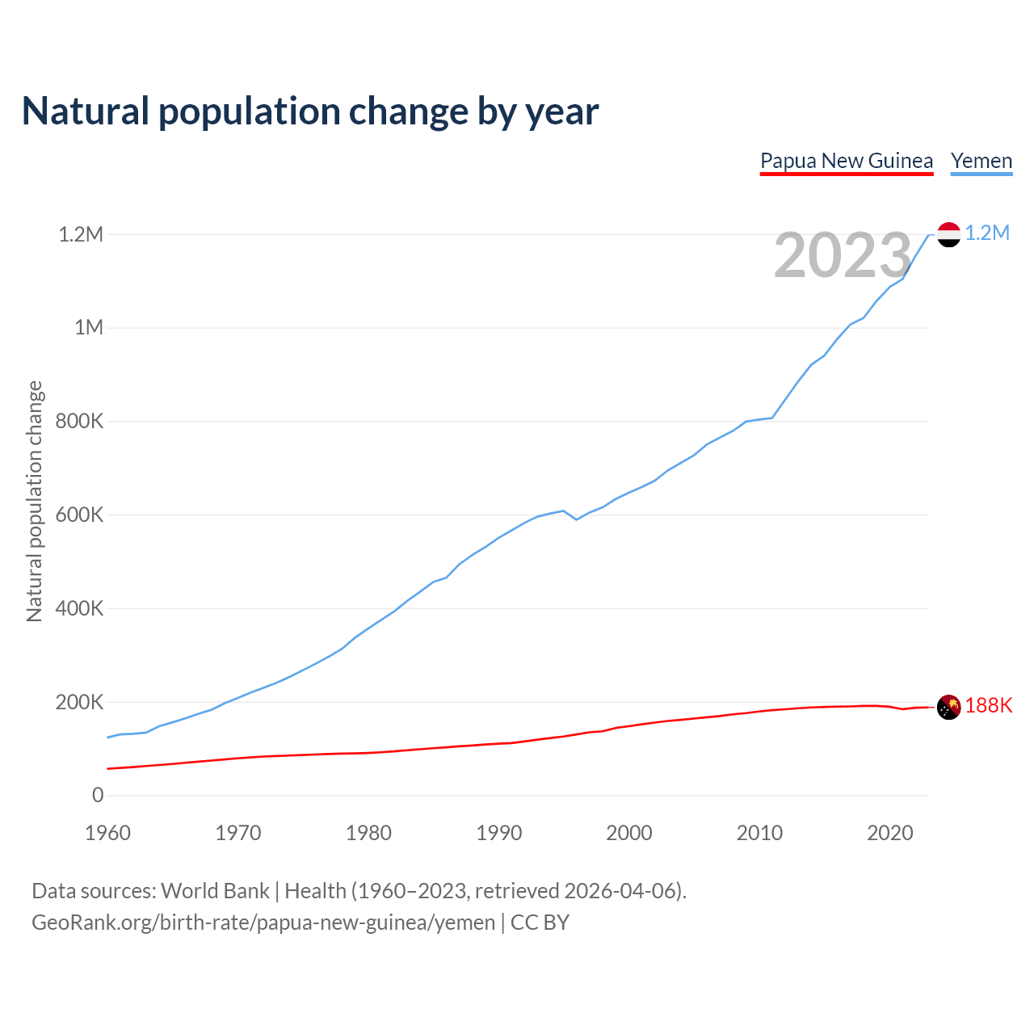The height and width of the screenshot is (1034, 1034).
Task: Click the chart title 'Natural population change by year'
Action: [310, 111]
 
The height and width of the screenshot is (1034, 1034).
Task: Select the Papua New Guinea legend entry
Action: [847, 161]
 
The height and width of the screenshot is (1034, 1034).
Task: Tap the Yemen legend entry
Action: [981, 161]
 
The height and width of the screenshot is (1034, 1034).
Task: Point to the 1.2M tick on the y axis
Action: [81, 234]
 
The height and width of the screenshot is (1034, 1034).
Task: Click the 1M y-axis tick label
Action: [89, 327]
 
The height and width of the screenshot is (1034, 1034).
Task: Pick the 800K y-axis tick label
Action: [79, 421]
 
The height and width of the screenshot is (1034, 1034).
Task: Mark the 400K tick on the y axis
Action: [79, 608]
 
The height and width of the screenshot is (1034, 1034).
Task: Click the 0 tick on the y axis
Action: [98, 795]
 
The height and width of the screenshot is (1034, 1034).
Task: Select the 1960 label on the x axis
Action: [107, 833]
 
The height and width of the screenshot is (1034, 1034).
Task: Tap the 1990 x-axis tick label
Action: [499, 833]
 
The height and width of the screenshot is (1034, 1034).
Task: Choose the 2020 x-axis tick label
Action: [889, 833]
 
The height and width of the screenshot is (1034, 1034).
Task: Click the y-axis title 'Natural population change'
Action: [35, 502]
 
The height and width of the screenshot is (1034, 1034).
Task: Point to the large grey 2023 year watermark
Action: [843, 255]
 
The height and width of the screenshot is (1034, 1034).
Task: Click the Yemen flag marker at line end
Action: [948, 234]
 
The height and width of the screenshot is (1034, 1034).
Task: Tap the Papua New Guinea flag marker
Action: [948, 707]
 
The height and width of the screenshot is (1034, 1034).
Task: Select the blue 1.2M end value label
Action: [987, 233]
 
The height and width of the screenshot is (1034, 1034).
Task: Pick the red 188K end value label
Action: [989, 706]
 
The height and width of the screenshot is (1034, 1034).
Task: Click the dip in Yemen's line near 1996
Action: [577, 519]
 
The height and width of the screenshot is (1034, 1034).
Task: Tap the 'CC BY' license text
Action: [540, 923]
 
